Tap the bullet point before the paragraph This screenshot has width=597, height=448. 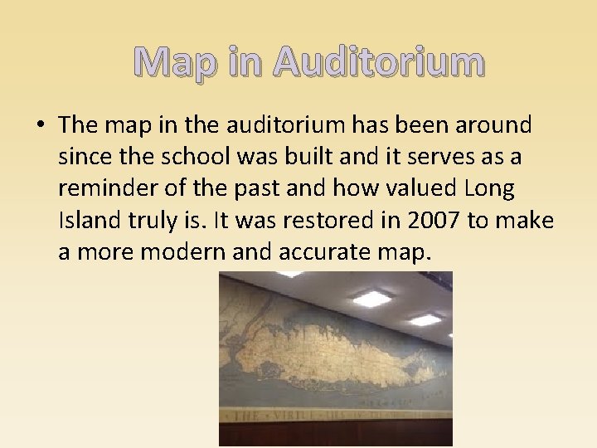tap(41, 126)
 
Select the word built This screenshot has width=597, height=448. tap(321, 157)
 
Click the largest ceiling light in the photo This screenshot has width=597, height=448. tap(370, 297)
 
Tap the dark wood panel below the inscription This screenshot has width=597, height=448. tap(332, 433)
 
